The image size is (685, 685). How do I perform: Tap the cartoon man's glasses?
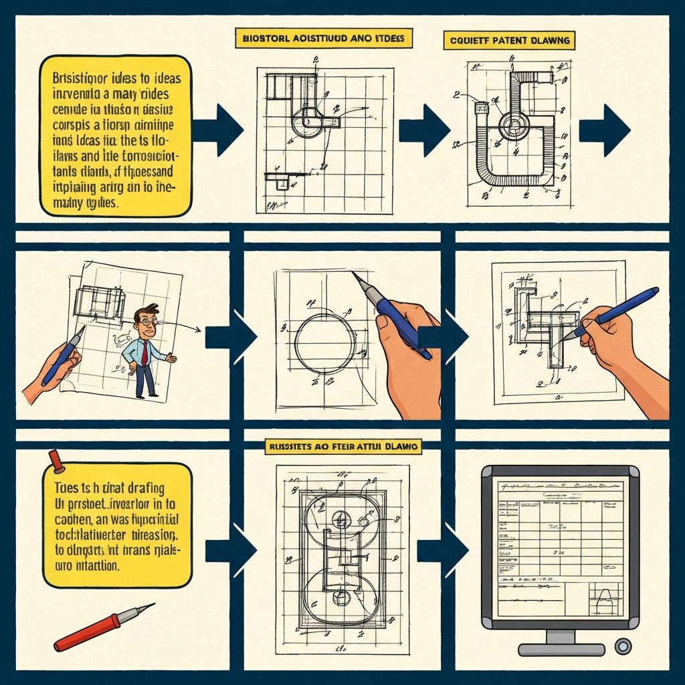coord(146,322)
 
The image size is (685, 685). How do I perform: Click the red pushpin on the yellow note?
coord(54,460)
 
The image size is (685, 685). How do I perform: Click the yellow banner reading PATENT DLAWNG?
coord(508,40)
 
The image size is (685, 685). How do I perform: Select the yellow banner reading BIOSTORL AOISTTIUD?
coord(324,38)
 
